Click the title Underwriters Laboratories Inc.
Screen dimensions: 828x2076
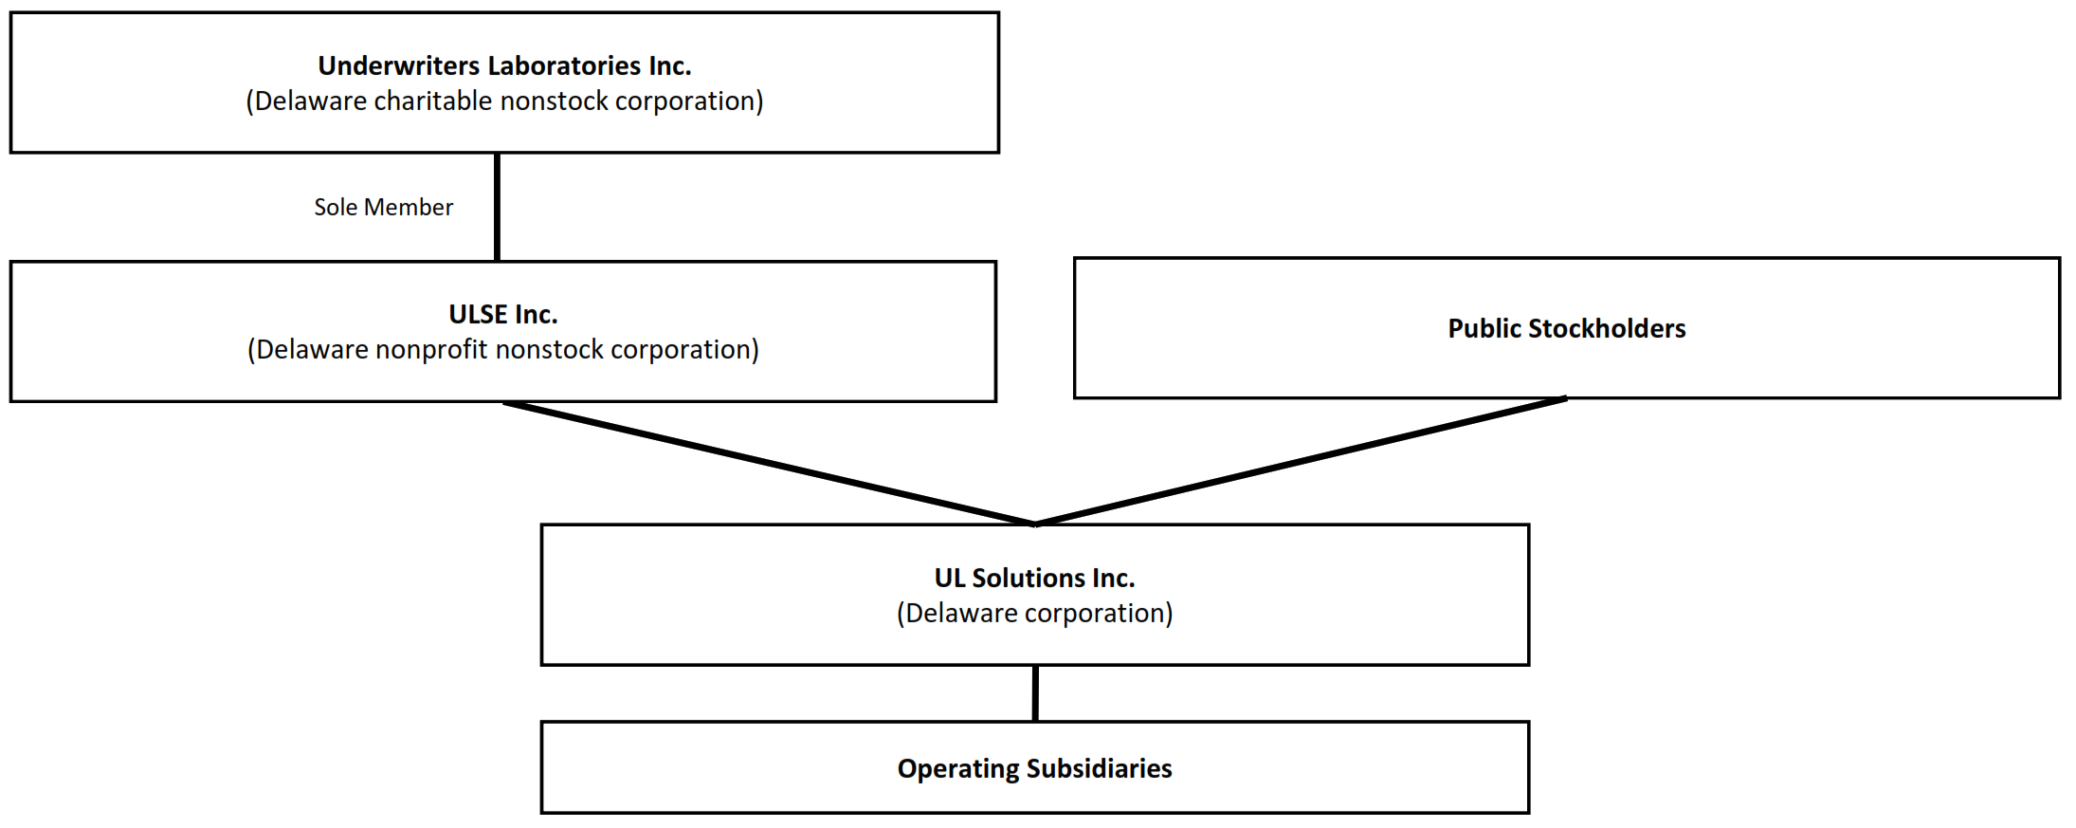pyautogui.click(x=504, y=65)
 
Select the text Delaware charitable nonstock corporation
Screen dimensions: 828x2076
pyautogui.click(x=504, y=101)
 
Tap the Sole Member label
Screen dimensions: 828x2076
pyautogui.click(x=383, y=207)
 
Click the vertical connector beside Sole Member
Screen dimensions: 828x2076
pyautogui.click(x=497, y=207)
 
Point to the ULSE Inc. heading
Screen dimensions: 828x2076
pyautogui.click(x=502, y=314)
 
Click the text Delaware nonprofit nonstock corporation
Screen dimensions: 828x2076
pyautogui.click(x=502, y=350)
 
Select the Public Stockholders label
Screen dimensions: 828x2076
pyautogui.click(x=1566, y=328)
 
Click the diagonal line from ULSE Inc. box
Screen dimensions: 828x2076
pyautogui.click(x=768, y=463)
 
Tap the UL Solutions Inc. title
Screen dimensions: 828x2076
pyautogui.click(x=1034, y=578)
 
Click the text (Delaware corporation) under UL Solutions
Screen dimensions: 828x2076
pyautogui.click(x=1034, y=614)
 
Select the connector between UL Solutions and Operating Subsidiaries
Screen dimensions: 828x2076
pyautogui.click(x=1035, y=693)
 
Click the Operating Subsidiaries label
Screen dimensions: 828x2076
pyautogui.click(x=1034, y=768)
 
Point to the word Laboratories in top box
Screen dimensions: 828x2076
pyautogui.click(x=564, y=65)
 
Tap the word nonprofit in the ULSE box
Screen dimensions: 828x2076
pyautogui.click(x=429, y=350)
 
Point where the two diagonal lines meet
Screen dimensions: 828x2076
pyautogui.click(x=1035, y=524)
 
